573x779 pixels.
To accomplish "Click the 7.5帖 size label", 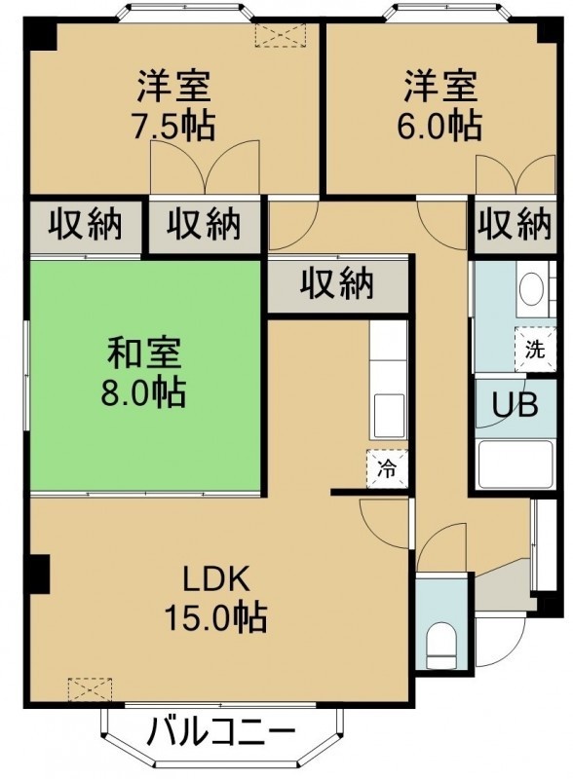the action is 172,126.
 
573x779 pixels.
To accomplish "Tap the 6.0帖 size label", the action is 439,126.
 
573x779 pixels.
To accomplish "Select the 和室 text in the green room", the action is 144,353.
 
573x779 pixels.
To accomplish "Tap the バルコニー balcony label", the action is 221,732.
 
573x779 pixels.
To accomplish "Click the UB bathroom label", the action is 515,405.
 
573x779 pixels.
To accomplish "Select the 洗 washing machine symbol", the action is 535,350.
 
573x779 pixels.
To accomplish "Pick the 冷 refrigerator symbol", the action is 387,468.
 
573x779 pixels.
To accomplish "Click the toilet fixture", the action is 441,646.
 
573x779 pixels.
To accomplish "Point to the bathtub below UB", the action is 515,464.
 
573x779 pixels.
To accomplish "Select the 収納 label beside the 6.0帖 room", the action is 515,225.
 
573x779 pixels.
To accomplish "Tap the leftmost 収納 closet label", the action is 85,225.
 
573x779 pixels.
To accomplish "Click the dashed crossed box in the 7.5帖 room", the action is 279,35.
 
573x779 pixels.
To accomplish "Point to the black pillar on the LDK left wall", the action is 39,574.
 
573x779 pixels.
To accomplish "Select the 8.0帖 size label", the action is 144,392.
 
